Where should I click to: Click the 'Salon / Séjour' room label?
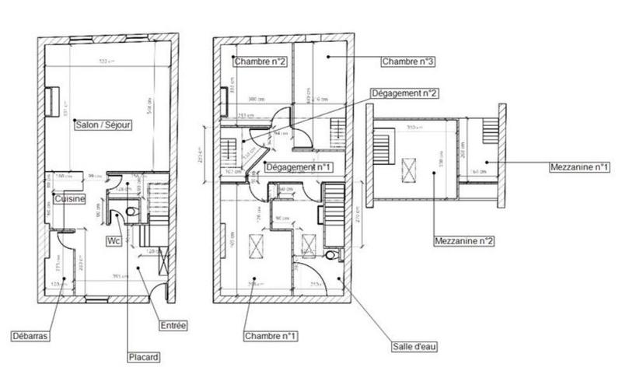point(103,124)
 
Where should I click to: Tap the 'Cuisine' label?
point(69,198)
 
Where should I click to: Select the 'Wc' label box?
point(114,240)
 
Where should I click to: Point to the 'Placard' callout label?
point(144,357)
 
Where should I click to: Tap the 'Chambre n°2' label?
point(260,60)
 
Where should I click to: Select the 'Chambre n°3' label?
point(407,60)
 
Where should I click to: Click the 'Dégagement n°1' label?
point(299,167)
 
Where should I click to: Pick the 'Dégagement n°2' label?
point(404,93)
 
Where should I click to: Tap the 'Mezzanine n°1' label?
point(579,166)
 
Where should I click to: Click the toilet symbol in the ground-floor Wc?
point(130,210)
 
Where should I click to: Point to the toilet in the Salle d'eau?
point(333,255)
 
